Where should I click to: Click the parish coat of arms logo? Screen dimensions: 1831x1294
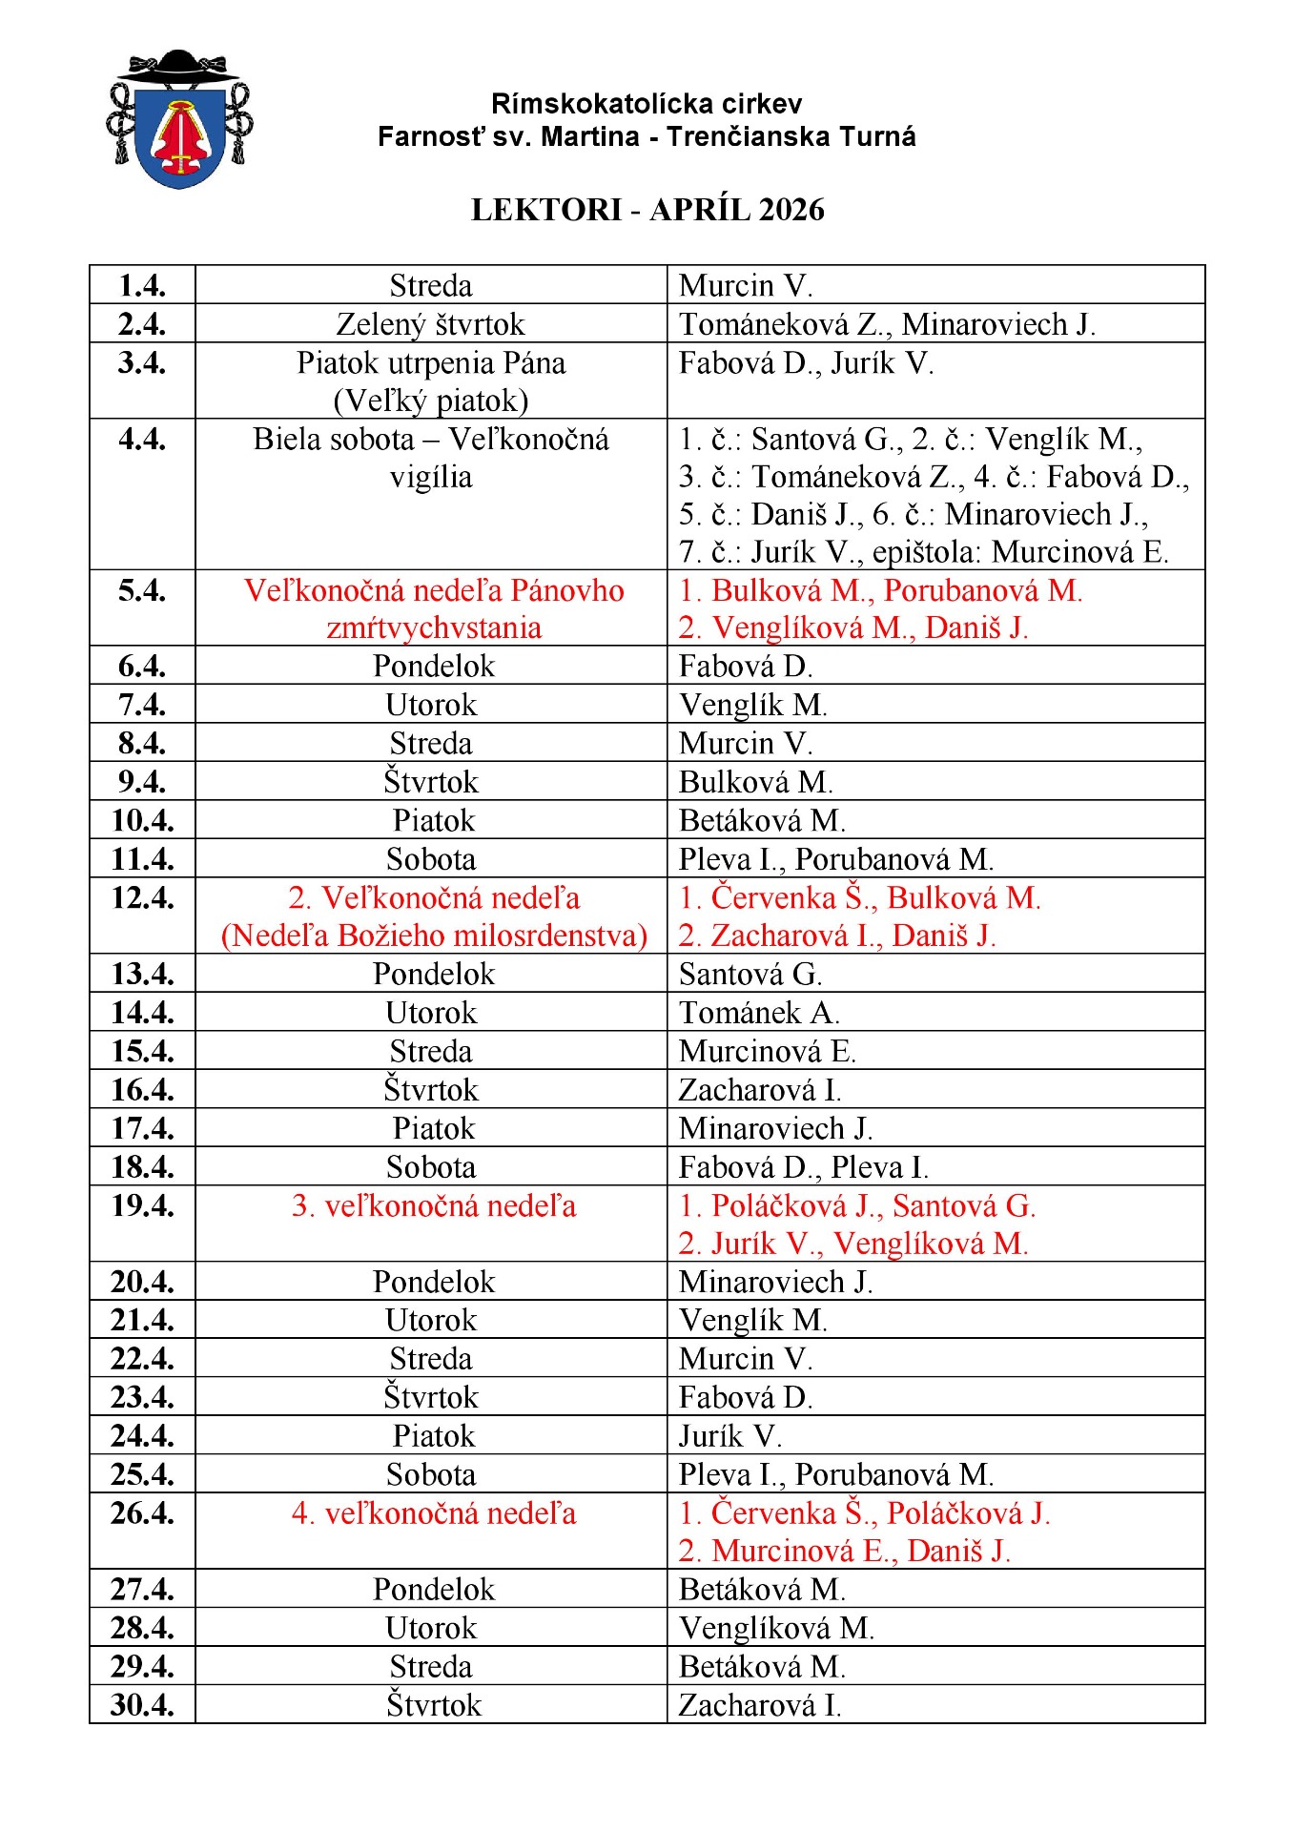pos(179,118)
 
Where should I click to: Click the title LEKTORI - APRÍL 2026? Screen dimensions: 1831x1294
pos(647,210)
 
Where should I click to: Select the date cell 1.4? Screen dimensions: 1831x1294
pos(142,285)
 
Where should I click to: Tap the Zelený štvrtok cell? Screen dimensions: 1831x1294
pos(430,324)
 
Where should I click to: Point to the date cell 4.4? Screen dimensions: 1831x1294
pos(142,440)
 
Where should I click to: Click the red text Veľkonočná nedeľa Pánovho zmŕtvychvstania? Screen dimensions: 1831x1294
pos(434,608)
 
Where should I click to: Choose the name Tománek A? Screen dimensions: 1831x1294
pos(759,1013)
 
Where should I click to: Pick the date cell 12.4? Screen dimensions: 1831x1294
pos(142,898)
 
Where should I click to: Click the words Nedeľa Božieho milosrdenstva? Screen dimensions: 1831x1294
pos(434,936)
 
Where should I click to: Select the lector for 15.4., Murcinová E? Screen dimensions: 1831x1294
pos(768,1051)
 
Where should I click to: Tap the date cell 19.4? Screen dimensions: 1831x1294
pos(142,1206)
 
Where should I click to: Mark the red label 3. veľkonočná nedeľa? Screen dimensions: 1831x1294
pos(434,1206)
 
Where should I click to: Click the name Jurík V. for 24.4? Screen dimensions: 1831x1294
pos(730,1436)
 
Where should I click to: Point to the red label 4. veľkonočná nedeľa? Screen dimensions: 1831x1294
pos(434,1513)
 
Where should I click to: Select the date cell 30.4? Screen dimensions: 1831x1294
pos(142,1705)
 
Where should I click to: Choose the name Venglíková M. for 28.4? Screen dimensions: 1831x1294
pos(776,1628)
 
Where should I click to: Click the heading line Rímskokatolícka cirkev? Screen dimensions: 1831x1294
pos(647,103)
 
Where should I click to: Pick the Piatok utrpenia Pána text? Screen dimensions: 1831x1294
pos(431,363)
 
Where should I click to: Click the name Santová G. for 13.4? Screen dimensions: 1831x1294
pos(750,975)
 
